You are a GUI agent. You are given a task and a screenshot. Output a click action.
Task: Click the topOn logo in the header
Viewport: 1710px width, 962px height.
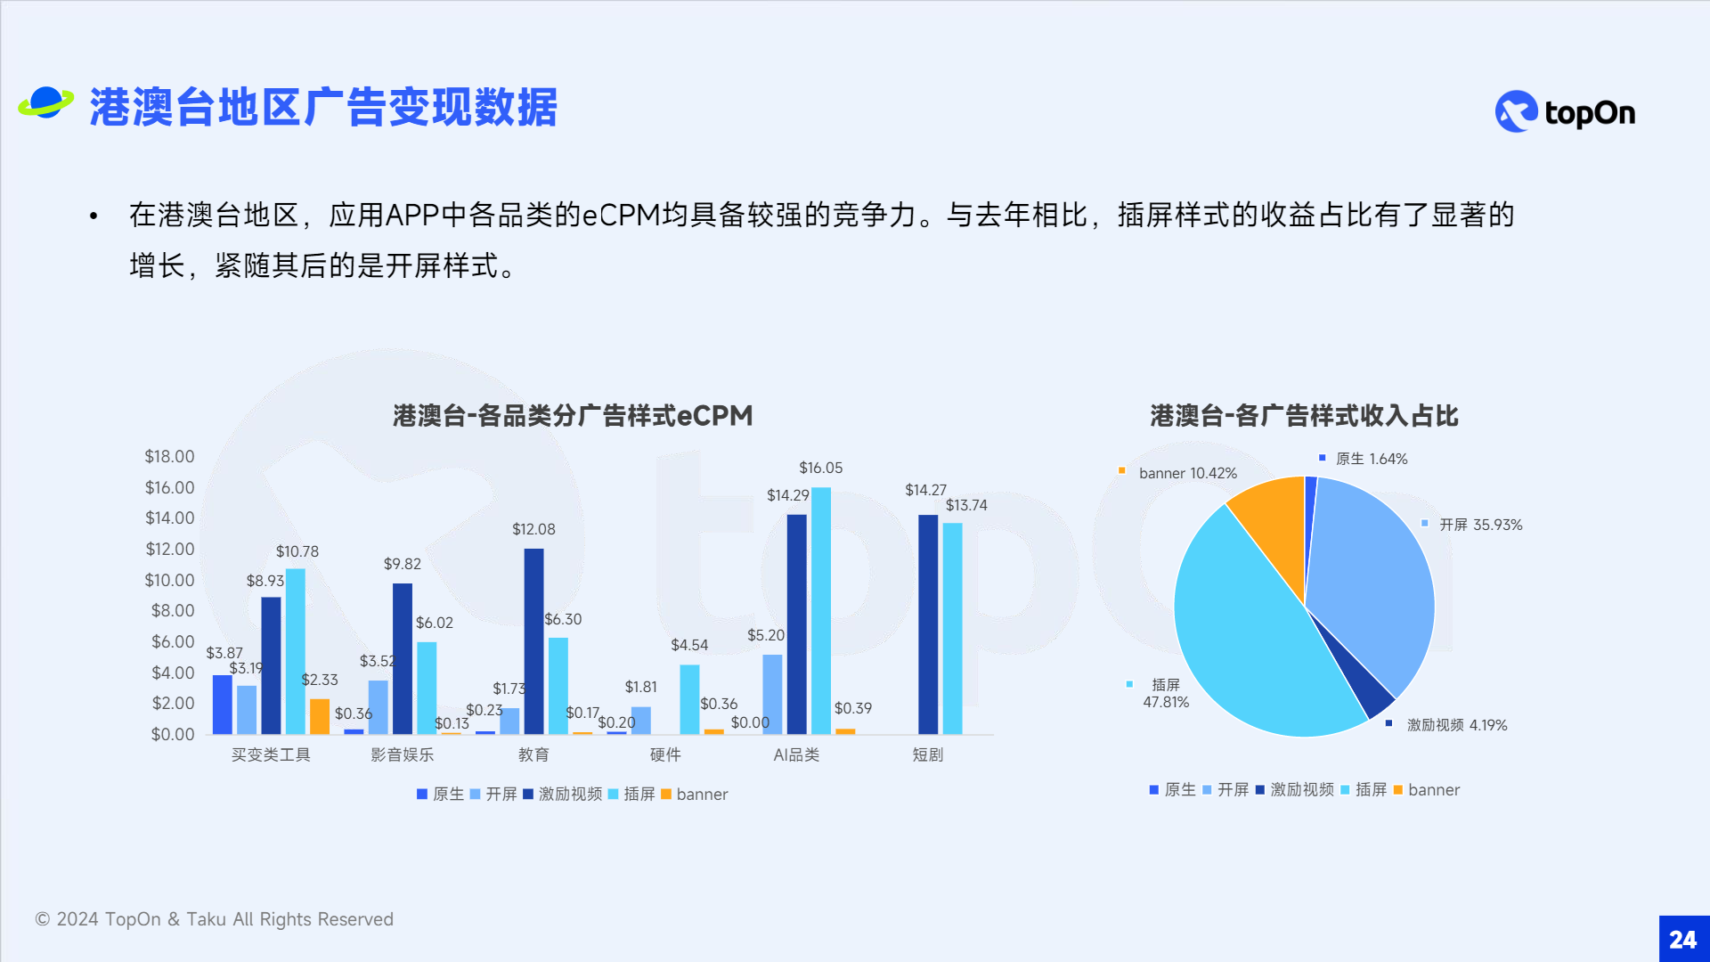point(1565,112)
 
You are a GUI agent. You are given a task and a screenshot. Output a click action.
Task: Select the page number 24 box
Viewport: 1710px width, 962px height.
point(1684,939)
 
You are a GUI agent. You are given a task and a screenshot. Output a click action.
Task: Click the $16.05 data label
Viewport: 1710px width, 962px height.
point(820,468)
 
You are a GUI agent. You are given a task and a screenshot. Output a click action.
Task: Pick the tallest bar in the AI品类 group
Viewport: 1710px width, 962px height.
point(821,611)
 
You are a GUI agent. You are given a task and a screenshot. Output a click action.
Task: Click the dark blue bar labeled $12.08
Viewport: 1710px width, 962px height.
point(533,641)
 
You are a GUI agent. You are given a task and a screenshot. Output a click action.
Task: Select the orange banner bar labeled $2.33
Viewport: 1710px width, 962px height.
point(320,717)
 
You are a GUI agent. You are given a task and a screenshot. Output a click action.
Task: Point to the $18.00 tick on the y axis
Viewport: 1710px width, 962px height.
point(169,457)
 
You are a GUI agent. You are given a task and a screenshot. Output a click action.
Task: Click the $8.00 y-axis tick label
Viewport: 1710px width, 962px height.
point(173,611)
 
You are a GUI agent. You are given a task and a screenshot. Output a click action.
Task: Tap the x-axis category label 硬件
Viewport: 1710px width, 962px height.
point(665,755)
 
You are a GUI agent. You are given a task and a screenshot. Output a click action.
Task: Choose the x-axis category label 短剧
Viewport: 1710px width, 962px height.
point(928,755)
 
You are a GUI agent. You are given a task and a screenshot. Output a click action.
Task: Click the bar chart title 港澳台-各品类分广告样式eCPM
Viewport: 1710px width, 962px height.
point(573,416)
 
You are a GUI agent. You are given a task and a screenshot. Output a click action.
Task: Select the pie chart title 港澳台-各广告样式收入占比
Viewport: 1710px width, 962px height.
point(1304,416)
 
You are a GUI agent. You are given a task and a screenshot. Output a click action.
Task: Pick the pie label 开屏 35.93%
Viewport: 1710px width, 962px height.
point(1480,525)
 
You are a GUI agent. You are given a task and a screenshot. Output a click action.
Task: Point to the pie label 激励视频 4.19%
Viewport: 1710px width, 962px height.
point(1457,725)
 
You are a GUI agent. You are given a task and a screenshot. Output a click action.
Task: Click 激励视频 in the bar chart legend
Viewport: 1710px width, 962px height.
point(570,795)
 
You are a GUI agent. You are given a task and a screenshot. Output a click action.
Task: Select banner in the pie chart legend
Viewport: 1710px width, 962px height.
point(1434,790)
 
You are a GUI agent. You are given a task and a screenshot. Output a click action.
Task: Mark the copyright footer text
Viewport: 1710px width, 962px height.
point(214,919)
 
